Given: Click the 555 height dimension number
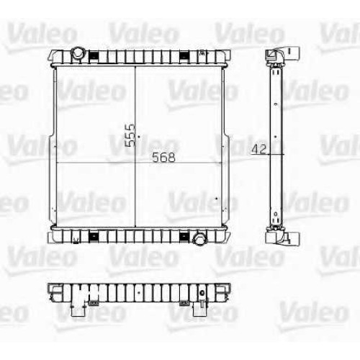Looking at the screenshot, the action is click(130, 135).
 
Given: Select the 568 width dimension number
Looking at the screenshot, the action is click(164, 158).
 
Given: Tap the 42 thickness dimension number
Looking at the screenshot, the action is click(259, 149).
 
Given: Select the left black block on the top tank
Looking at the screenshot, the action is click(94, 55).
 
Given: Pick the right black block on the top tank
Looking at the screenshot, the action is click(184, 55).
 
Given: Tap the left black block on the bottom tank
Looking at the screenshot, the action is click(94, 237).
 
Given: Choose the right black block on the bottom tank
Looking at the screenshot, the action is click(184, 237).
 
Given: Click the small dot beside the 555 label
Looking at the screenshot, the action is click(139, 137).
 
